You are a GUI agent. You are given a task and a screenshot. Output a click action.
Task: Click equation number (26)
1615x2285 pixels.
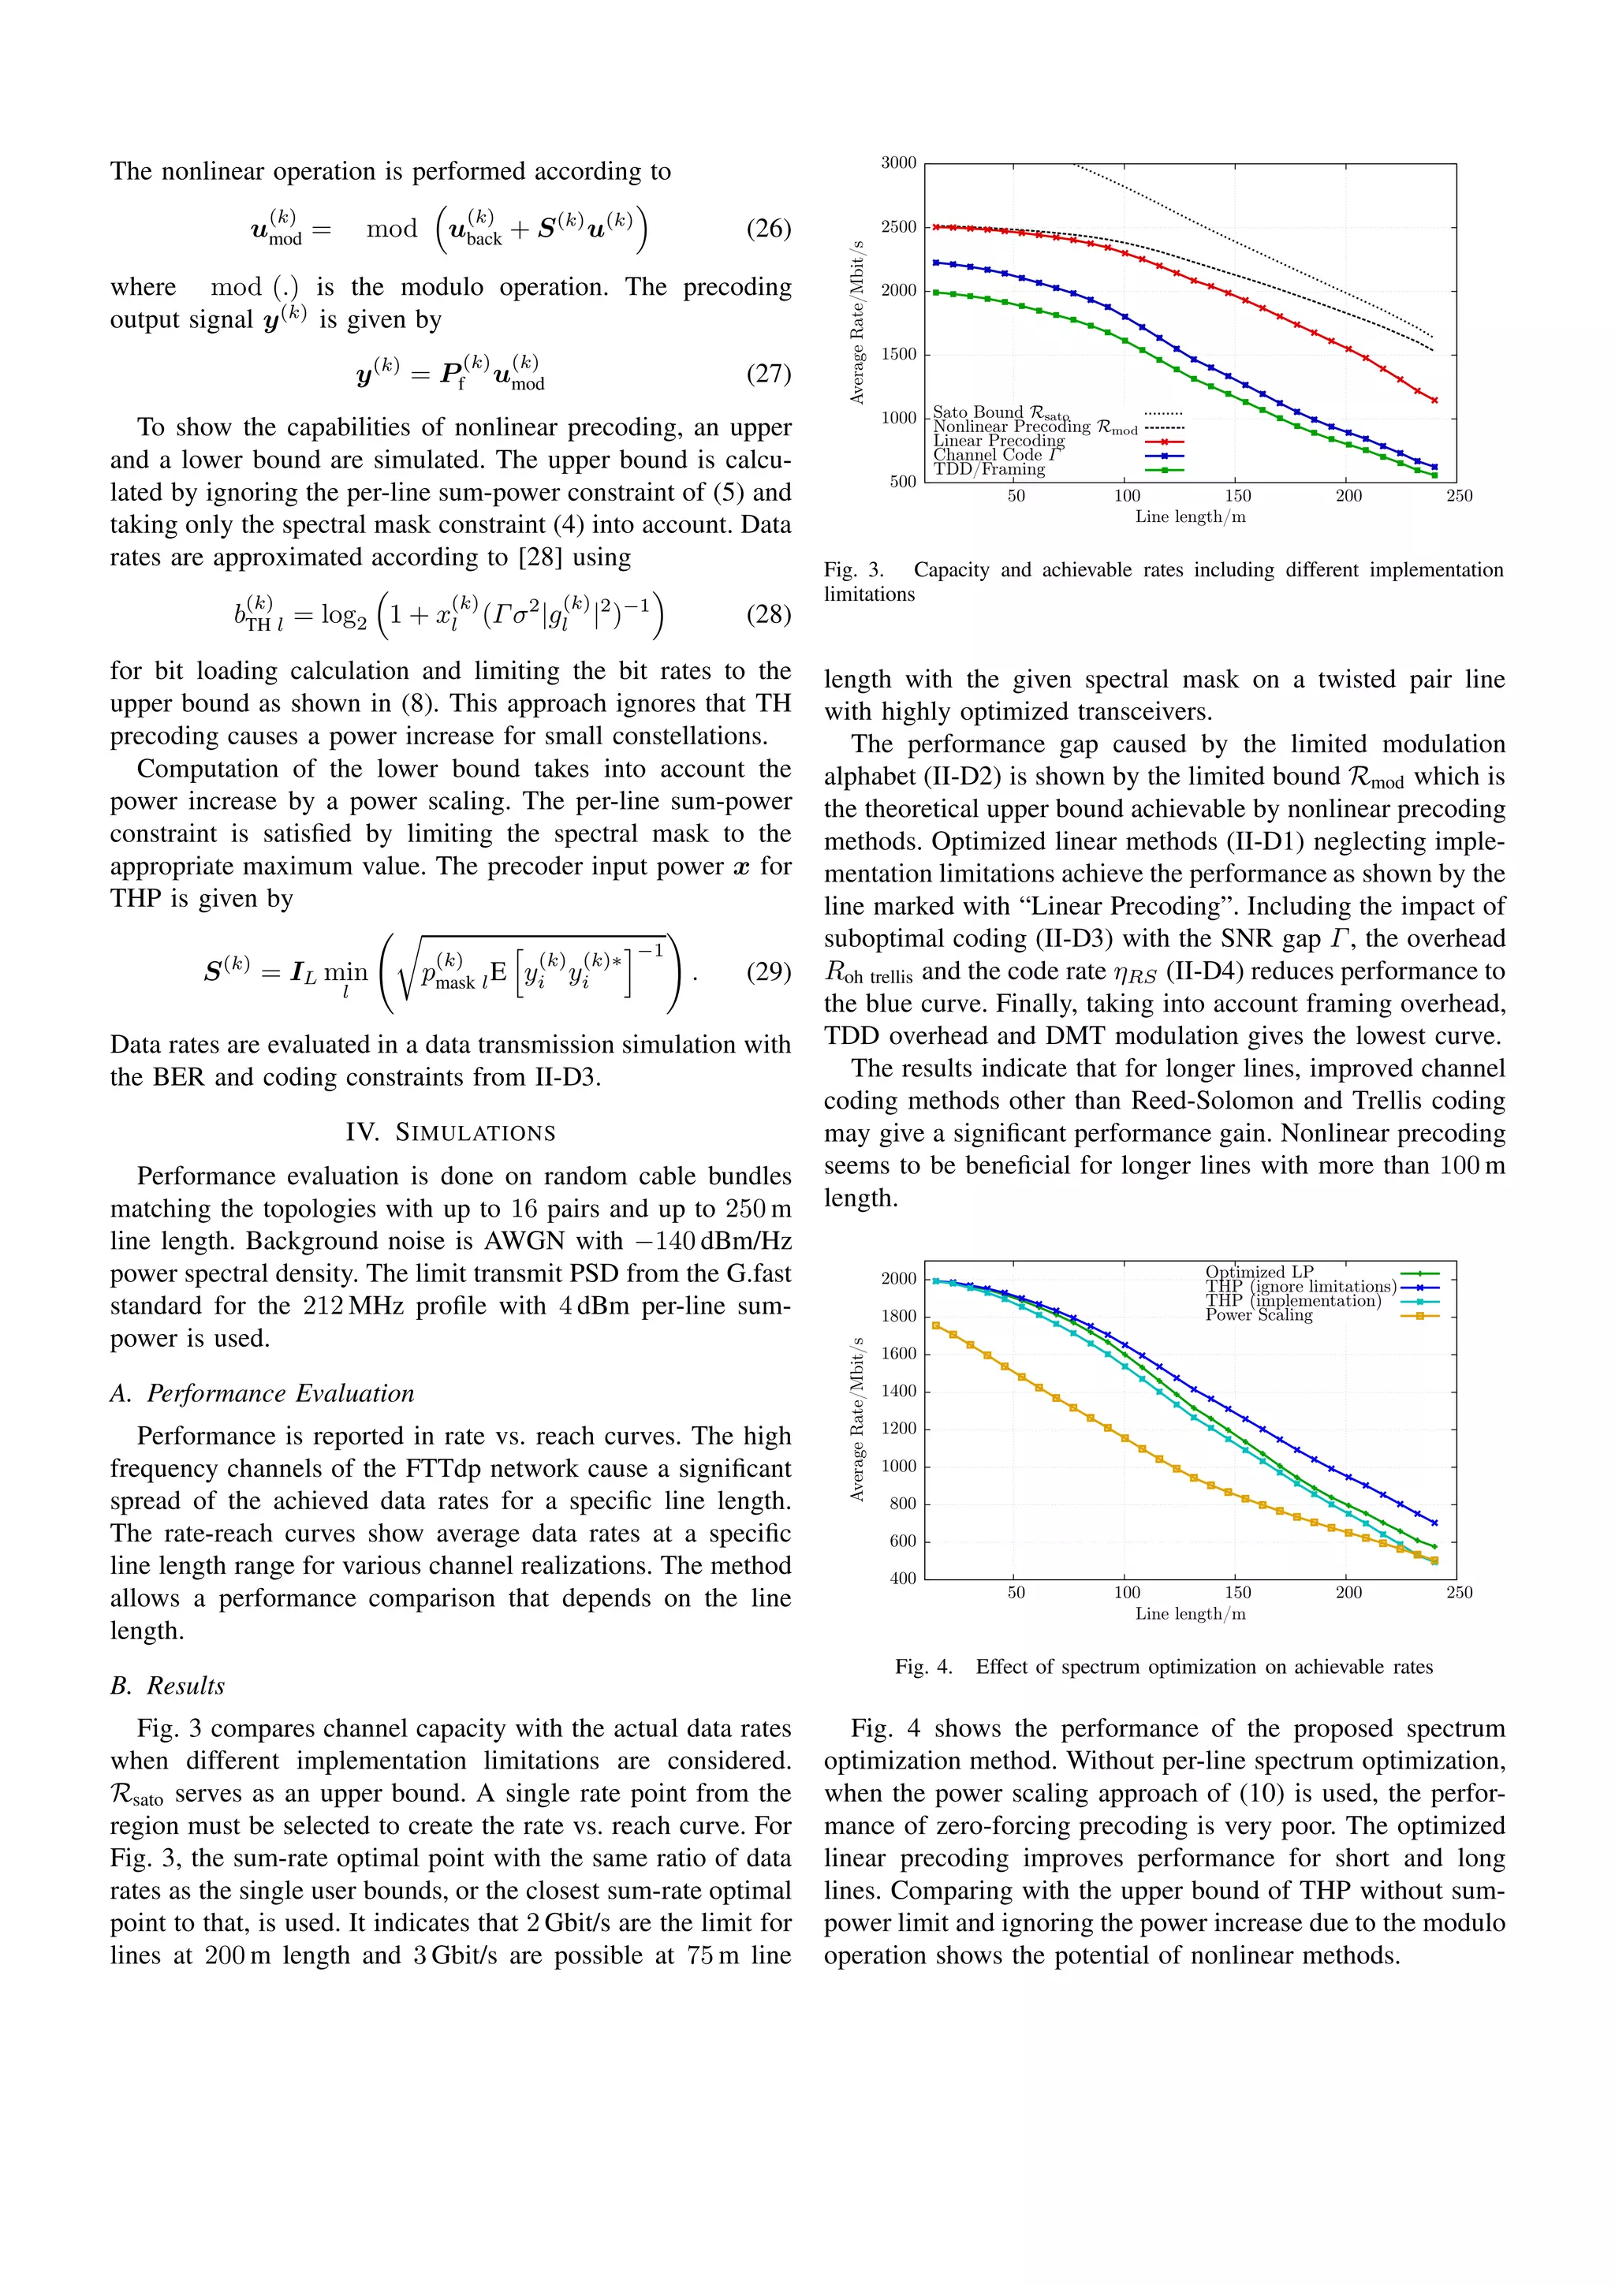point(768,229)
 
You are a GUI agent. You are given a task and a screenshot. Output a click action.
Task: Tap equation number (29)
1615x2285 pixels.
point(768,971)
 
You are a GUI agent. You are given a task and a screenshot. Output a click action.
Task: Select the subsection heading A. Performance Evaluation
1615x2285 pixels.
point(262,1393)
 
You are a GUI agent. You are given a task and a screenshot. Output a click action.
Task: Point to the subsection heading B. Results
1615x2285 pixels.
point(167,1686)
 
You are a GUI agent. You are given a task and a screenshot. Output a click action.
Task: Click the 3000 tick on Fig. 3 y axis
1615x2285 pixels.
point(898,163)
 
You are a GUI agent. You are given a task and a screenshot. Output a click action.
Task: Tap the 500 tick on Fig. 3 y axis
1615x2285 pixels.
point(903,482)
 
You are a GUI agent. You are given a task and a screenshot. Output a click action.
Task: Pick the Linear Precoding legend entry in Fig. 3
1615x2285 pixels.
point(998,441)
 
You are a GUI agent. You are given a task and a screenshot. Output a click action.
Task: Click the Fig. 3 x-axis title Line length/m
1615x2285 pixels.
point(1190,517)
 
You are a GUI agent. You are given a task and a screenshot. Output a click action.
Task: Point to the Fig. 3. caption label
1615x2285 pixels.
point(854,570)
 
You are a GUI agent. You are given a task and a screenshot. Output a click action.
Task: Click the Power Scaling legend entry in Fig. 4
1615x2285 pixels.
point(1259,1314)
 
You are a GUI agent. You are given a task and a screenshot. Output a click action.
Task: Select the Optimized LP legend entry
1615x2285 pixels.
point(1259,1272)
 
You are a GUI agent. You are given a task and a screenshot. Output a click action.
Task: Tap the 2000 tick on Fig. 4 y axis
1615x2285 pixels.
point(898,1279)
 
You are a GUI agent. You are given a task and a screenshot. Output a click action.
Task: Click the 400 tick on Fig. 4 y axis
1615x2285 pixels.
point(903,1579)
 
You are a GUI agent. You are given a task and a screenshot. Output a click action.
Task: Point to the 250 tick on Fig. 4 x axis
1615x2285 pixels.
point(1459,1594)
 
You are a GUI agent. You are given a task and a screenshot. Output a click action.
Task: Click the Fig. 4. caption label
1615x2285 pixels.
point(924,1667)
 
